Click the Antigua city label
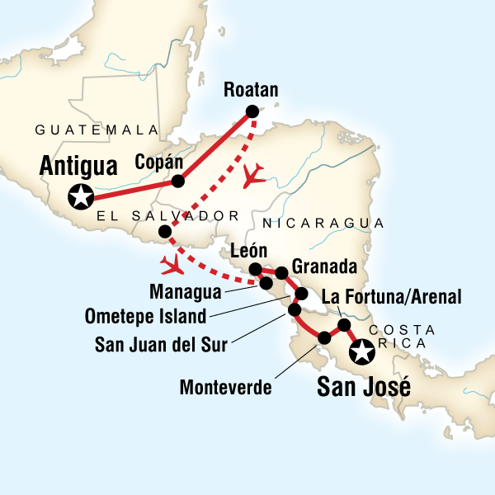pos(78,167)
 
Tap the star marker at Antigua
pos(81,198)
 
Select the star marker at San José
pos(361,354)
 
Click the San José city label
pos(364,385)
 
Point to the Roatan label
pos(251,91)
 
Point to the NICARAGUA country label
pos(323,224)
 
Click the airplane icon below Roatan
pos(256,174)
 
